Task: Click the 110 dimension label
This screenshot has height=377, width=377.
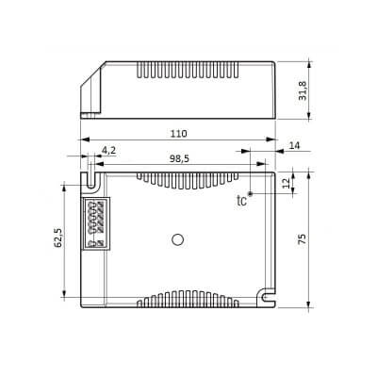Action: click(179, 134)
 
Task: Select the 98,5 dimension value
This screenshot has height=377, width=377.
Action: click(179, 159)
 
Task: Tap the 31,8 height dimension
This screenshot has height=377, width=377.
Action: click(303, 90)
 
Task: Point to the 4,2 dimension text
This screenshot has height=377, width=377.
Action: click(109, 151)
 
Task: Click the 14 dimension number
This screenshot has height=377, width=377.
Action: click(294, 145)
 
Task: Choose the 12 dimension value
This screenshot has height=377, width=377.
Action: click(287, 183)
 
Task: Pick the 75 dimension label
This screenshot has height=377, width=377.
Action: click(302, 239)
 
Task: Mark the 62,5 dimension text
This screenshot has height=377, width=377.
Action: click(58, 238)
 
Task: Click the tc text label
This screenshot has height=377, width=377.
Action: click(241, 200)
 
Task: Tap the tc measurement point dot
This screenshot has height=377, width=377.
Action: click(251, 193)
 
